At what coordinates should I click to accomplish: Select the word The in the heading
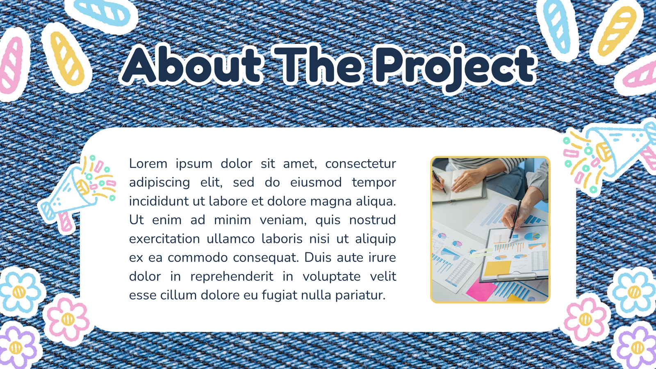coord(318,64)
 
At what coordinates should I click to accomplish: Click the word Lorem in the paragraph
coord(148,164)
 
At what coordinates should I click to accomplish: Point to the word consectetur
coord(360,164)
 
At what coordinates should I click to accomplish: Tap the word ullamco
coord(231,239)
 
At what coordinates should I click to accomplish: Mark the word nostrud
coord(373,220)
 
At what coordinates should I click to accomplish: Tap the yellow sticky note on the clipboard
coord(497,268)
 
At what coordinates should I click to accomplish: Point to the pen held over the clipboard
coord(515,220)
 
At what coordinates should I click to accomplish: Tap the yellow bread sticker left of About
coord(67,58)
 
